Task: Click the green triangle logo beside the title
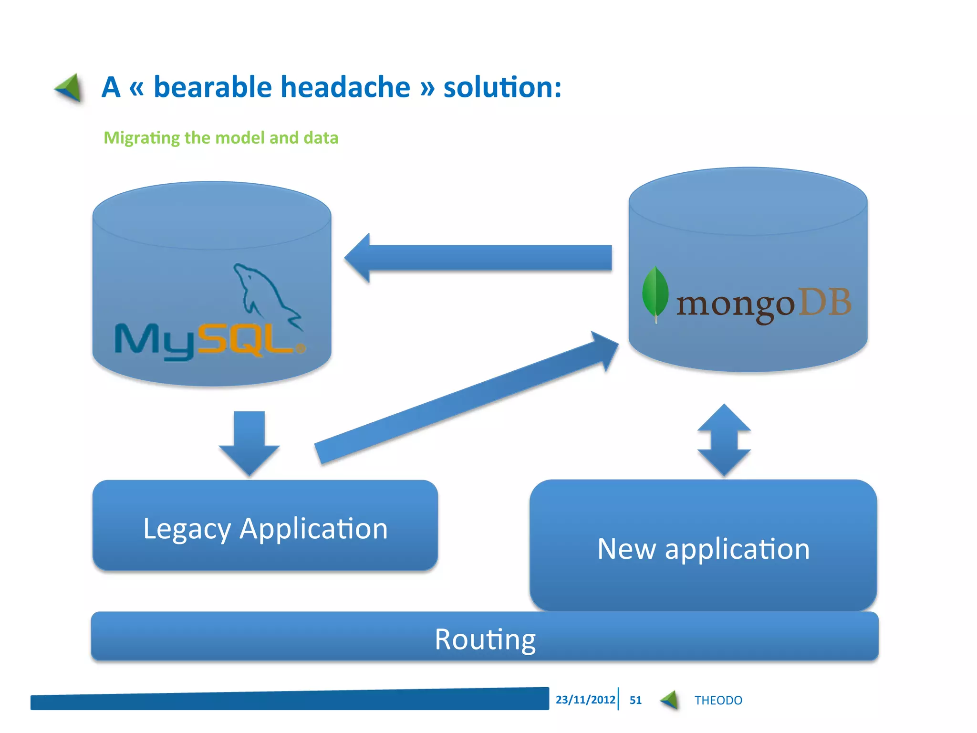click(69, 88)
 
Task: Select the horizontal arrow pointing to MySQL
click(477, 258)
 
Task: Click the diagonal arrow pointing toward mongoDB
click(465, 398)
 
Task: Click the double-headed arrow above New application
click(724, 440)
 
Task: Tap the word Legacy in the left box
click(187, 529)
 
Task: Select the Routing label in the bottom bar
click(485, 639)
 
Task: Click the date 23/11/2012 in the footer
click(585, 700)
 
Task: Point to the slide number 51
click(635, 700)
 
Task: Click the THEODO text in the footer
click(718, 700)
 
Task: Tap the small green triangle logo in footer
click(670, 700)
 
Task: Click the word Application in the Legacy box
click(313, 529)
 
